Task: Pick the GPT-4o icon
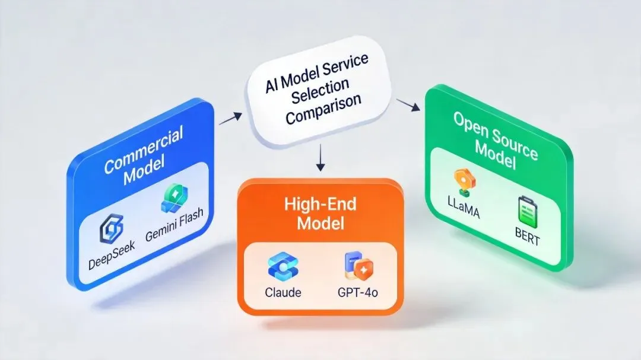coord(354,267)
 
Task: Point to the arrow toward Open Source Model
coord(405,105)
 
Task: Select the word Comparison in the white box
coord(323,107)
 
